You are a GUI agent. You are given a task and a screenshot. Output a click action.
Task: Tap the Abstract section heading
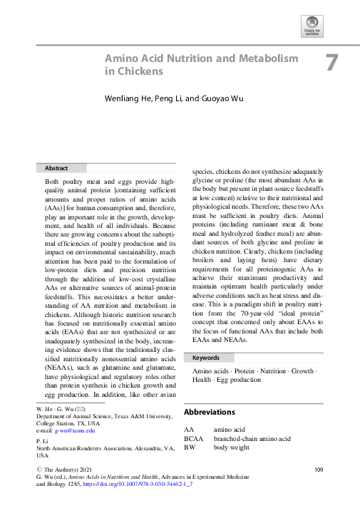point(56,168)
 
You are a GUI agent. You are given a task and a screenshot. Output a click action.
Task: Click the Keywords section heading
point(206,357)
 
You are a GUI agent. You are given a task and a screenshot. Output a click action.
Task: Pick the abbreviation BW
point(189,447)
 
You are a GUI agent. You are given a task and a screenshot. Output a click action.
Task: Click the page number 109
point(319,470)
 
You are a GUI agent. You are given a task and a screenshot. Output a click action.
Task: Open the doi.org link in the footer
point(131,485)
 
